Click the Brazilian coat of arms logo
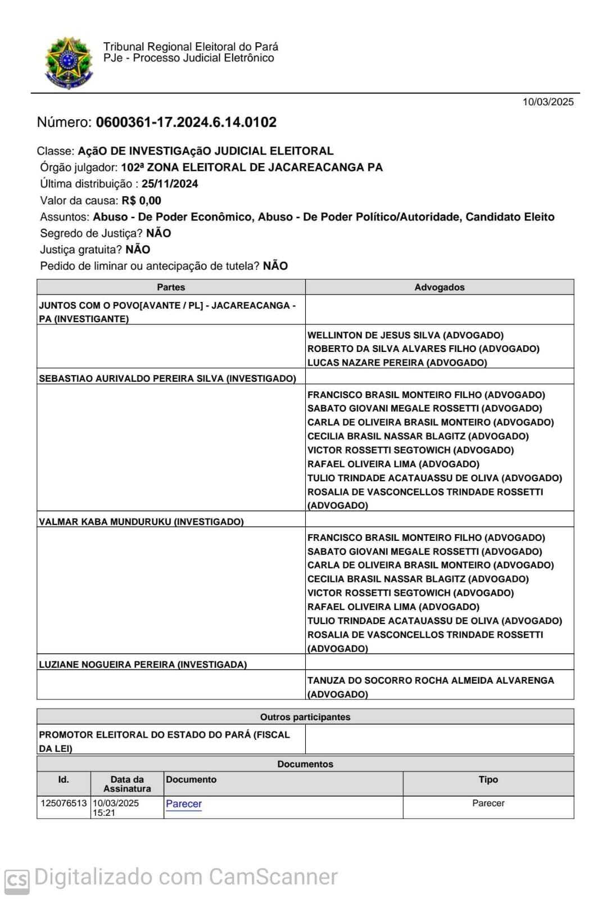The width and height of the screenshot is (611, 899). (68, 62)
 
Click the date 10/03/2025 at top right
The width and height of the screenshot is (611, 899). (548, 102)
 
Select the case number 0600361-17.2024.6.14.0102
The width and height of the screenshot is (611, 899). (186, 123)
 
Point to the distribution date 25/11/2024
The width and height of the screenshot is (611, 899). (170, 184)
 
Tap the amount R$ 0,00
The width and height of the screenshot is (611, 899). (141, 201)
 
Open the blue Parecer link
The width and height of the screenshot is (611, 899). (184, 804)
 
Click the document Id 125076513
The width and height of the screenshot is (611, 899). (64, 803)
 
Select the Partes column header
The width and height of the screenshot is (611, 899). (171, 287)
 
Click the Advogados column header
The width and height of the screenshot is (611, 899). (440, 287)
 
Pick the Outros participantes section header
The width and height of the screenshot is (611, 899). (305, 717)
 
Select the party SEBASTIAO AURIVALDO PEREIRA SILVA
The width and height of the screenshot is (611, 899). (131, 378)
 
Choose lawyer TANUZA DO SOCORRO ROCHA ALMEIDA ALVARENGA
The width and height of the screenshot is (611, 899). (431, 680)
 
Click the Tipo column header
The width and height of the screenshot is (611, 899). (488, 780)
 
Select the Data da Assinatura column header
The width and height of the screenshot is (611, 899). (127, 784)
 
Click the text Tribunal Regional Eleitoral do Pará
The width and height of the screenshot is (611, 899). (191, 47)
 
